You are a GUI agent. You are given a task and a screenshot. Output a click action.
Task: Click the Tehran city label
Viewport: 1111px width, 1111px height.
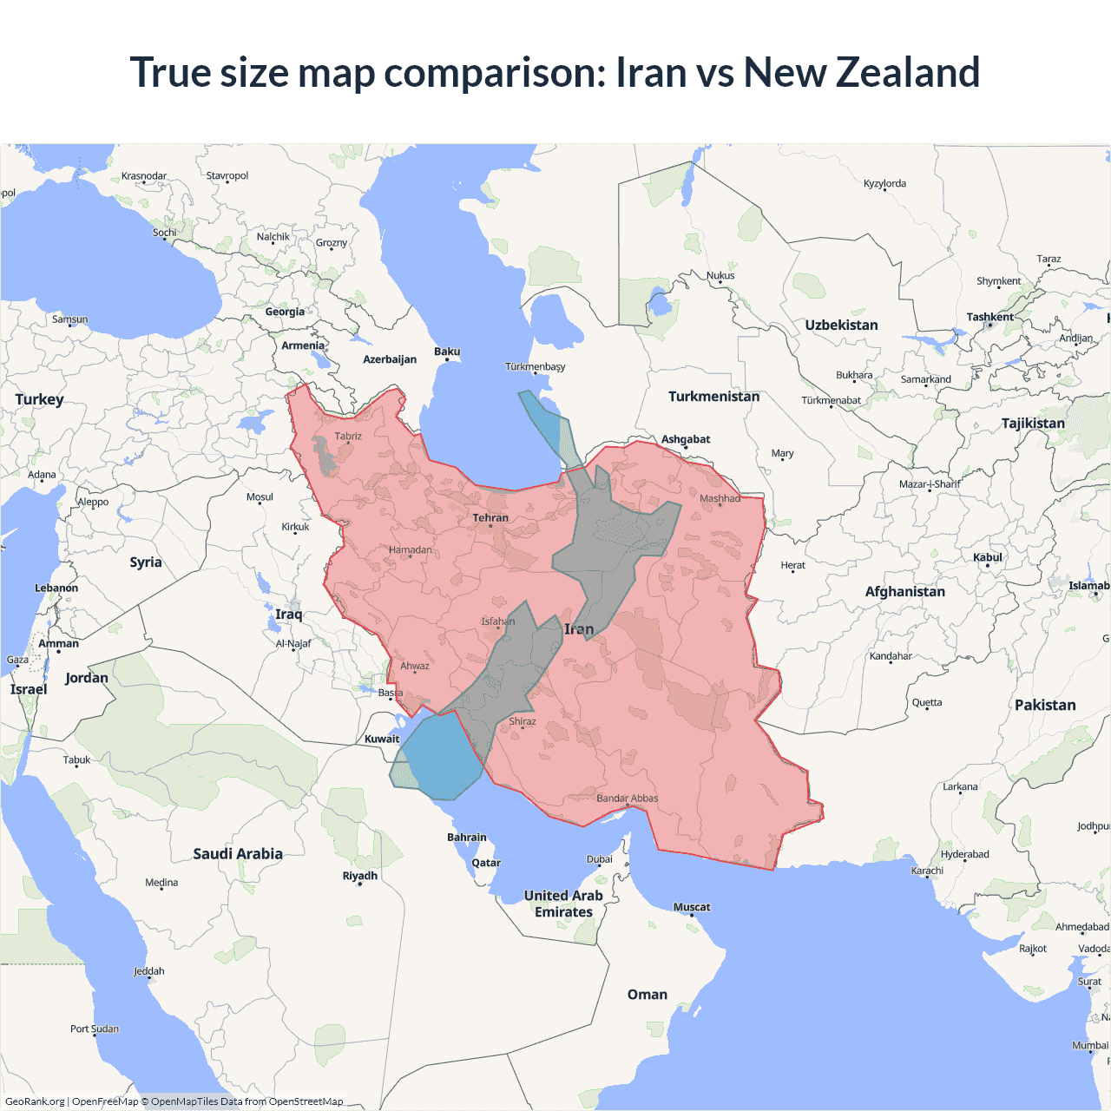pyautogui.click(x=490, y=518)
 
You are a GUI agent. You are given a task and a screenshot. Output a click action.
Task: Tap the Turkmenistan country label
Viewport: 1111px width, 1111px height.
pyautogui.click(x=713, y=397)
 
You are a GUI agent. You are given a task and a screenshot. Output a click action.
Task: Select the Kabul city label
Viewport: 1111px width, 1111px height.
pyautogui.click(x=988, y=557)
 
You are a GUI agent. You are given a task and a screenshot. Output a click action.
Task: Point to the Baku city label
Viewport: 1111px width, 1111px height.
pyautogui.click(x=447, y=352)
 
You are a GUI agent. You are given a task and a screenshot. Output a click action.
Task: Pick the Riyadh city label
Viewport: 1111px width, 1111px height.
pyautogui.click(x=359, y=876)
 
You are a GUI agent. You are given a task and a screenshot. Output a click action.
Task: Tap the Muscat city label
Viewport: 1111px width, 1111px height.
pyautogui.click(x=692, y=907)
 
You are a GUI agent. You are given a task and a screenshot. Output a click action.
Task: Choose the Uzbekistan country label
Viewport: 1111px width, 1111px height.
pyautogui.click(x=841, y=325)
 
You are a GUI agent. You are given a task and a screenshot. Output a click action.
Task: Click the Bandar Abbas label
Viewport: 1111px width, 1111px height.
pyautogui.click(x=627, y=799)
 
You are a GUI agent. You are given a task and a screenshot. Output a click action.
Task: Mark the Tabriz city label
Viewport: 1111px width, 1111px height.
pyautogui.click(x=348, y=437)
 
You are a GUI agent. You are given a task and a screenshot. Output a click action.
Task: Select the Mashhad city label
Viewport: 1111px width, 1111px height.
pyautogui.click(x=720, y=498)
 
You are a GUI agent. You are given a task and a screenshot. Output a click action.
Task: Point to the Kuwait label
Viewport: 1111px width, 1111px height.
pyautogui.click(x=382, y=740)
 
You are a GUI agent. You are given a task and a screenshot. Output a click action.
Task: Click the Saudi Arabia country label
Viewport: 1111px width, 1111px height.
pyautogui.click(x=238, y=854)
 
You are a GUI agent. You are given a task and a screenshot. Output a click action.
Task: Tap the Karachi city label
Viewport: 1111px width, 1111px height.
pyautogui.click(x=927, y=871)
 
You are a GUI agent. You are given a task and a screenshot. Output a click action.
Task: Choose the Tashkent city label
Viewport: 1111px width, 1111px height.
pyautogui.click(x=989, y=317)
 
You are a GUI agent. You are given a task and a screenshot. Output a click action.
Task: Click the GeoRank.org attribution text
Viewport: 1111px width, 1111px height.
pyautogui.click(x=35, y=1101)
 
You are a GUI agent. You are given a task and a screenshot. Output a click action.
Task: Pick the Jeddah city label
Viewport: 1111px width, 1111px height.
pyautogui.click(x=149, y=971)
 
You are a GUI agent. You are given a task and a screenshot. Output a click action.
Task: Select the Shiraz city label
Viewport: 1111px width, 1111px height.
pyautogui.click(x=523, y=721)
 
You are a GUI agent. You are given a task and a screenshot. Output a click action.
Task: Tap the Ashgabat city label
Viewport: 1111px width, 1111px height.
pyautogui.click(x=686, y=439)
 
